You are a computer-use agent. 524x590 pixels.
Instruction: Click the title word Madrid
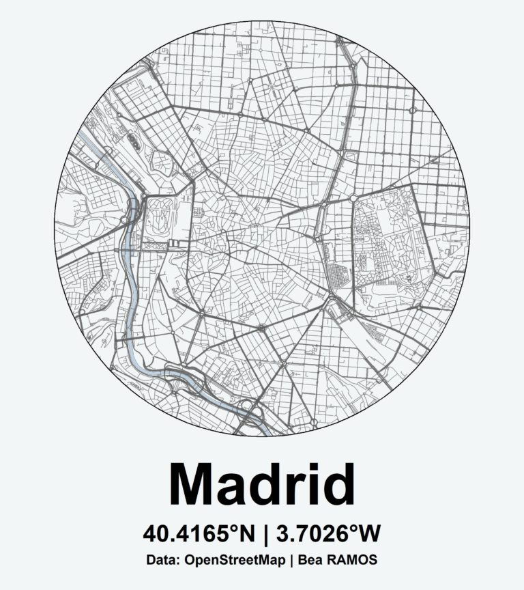pos(261,484)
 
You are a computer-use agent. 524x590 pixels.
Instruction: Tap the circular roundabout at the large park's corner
pos(354,198)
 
